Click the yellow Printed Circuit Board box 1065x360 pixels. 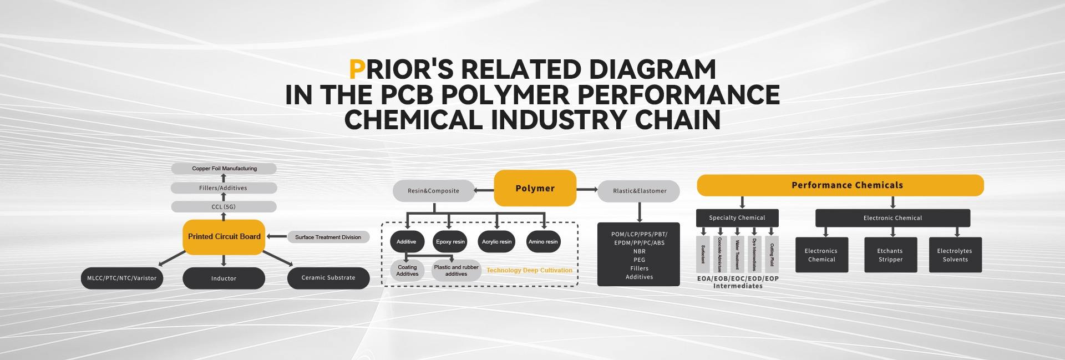point(224,237)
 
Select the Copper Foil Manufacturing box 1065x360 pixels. point(224,169)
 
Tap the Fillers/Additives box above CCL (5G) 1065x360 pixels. point(224,188)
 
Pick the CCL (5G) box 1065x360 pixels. point(224,207)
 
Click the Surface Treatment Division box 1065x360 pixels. point(328,237)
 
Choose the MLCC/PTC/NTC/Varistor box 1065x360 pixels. point(122,278)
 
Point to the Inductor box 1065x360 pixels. point(224,278)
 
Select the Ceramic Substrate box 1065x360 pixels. point(328,278)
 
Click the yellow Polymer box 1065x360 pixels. point(535,189)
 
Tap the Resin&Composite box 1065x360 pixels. point(433,191)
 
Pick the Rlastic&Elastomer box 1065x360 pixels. point(639,191)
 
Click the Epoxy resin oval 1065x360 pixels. point(450,242)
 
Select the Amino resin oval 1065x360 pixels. point(543,242)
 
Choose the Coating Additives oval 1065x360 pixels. point(407,271)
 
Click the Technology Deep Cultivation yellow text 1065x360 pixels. point(529,271)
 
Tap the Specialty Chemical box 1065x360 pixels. point(737,218)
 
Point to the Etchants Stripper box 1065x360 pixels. point(890,255)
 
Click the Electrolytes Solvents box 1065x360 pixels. point(955,255)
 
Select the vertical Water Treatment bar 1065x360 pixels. point(737,254)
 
